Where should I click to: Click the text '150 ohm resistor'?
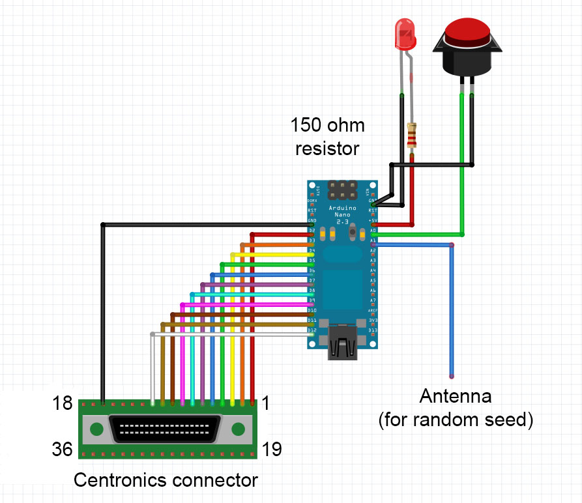pos(327,136)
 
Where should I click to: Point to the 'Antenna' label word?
pos(456,396)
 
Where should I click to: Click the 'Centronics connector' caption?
pos(166,480)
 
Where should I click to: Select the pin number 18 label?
pos(62,403)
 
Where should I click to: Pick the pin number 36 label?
pos(62,449)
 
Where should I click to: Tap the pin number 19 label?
pos(272,449)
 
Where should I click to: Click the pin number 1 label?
pos(265,403)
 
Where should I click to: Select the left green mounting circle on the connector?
pos(96,429)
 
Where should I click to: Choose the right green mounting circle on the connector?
pos(238,429)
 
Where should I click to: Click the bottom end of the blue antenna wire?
pos(451,376)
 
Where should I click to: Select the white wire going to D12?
pos(228,334)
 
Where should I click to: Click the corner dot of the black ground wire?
pos(102,225)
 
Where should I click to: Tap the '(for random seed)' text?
pos(456,420)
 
